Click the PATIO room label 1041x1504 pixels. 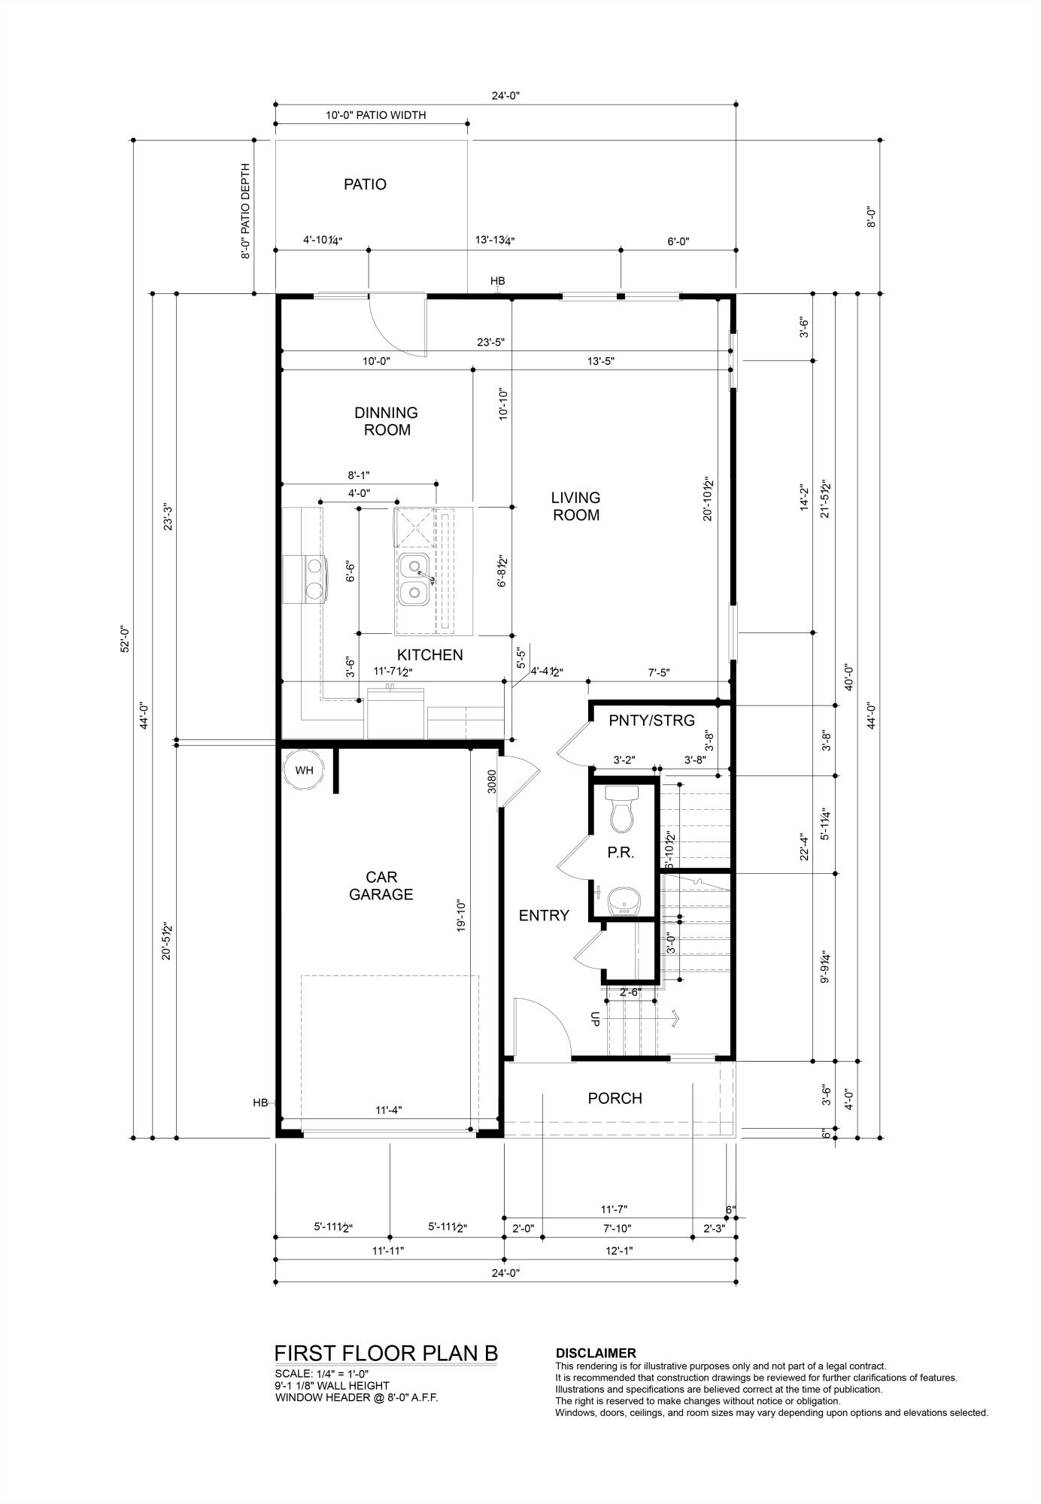click(365, 184)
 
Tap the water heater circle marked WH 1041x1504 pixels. click(303, 770)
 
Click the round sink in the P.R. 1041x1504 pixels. click(623, 899)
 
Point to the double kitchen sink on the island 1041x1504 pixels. click(414, 578)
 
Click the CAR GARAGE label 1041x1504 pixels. click(381, 886)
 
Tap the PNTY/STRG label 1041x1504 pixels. click(651, 720)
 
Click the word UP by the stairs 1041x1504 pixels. click(595, 1018)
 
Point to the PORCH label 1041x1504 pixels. click(615, 1098)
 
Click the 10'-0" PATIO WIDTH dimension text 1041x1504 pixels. click(375, 115)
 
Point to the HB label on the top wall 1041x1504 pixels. click(497, 281)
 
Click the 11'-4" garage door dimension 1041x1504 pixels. click(389, 1109)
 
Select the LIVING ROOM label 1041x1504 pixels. click(575, 506)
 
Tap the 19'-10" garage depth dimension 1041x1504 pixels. click(462, 917)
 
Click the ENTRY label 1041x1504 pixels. click(544, 915)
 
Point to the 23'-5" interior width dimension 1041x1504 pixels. click(490, 341)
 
